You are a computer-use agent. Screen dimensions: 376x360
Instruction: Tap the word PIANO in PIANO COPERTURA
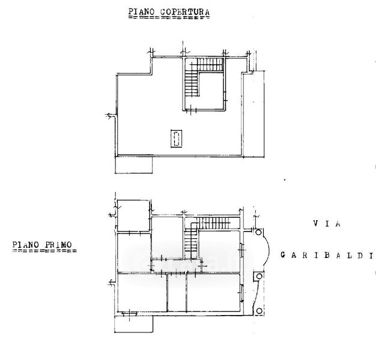tap(140, 11)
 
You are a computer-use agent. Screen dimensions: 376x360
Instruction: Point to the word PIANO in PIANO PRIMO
tap(25, 245)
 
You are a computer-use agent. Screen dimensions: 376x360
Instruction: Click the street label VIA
tap(326, 224)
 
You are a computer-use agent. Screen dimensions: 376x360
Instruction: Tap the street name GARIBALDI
tap(327, 256)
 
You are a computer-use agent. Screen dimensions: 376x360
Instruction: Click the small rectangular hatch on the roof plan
tap(176, 139)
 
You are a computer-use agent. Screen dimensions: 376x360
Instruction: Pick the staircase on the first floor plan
tap(204, 231)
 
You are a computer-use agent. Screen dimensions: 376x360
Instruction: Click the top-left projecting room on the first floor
tap(132, 214)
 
